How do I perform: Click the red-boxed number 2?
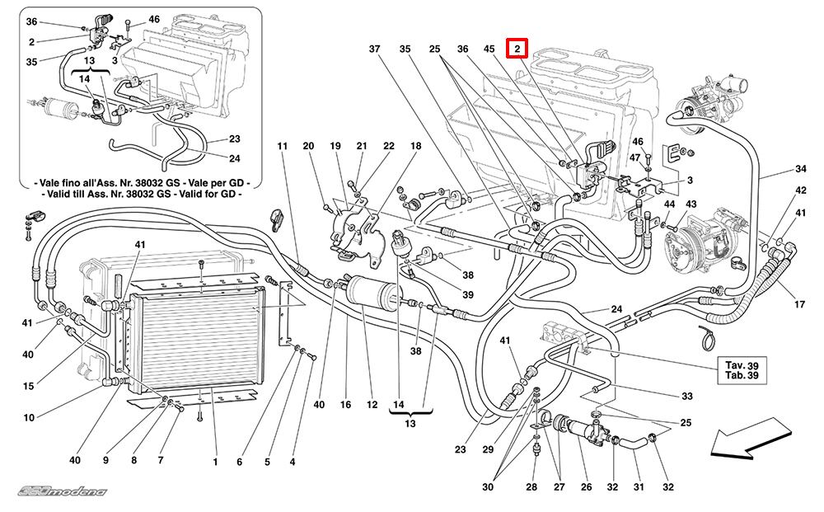coord(517,49)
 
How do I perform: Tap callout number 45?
coord(489,49)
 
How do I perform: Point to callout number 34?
coord(799,169)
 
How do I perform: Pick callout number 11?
coord(283,147)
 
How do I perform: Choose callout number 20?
coord(309,147)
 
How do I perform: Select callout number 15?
coord(29,386)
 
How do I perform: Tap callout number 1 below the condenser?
coord(214,462)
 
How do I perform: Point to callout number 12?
coord(372,405)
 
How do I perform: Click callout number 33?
coord(686,396)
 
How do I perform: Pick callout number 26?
coord(587,487)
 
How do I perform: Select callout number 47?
coord(635,157)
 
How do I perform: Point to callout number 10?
coord(29,418)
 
